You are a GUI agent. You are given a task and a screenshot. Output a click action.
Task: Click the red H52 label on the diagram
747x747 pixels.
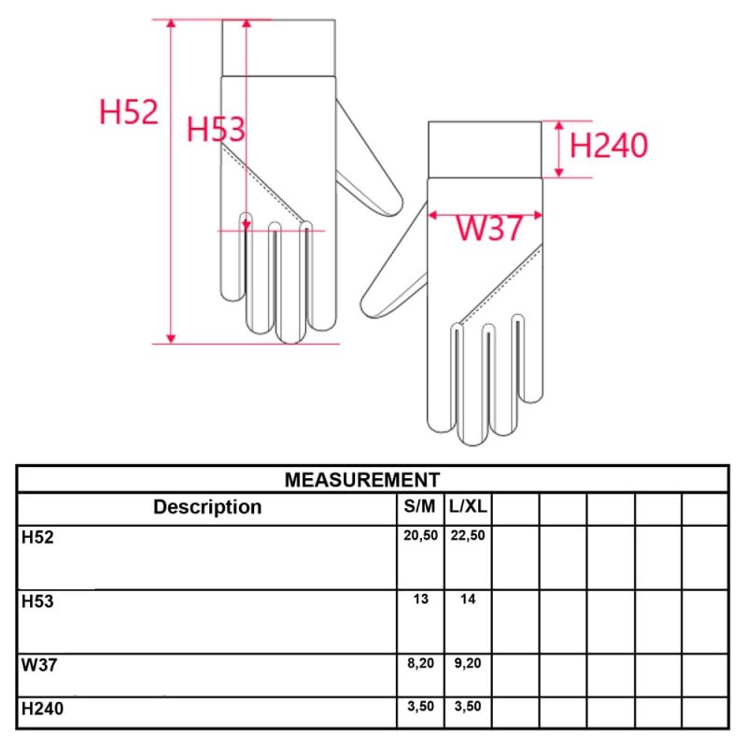coord(129,112)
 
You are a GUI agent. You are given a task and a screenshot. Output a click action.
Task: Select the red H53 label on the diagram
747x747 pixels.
coord(216,129)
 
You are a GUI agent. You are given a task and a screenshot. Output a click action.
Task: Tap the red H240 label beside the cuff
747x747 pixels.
coord(609,145)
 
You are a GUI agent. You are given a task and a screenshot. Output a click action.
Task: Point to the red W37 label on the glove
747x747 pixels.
coord(489,228)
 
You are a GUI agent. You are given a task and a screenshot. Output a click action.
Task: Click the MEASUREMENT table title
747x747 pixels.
coord(362,480)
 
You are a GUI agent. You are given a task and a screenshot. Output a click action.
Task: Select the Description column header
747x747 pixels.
coord(207,507)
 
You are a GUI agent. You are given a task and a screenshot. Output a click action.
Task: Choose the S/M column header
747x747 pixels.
coord(419,506)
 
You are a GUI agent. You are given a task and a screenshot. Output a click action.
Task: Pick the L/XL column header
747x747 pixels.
coord(468,506)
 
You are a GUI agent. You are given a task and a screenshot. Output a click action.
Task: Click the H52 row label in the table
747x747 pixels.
coord(37,538)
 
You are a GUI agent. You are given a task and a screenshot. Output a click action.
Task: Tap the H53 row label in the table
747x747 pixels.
coord(37,601)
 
